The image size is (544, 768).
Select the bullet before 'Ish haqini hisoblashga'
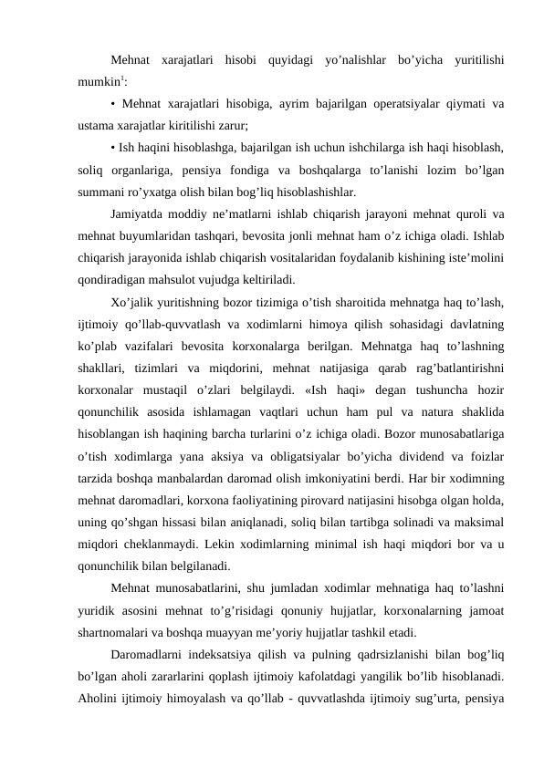click(111, 148)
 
